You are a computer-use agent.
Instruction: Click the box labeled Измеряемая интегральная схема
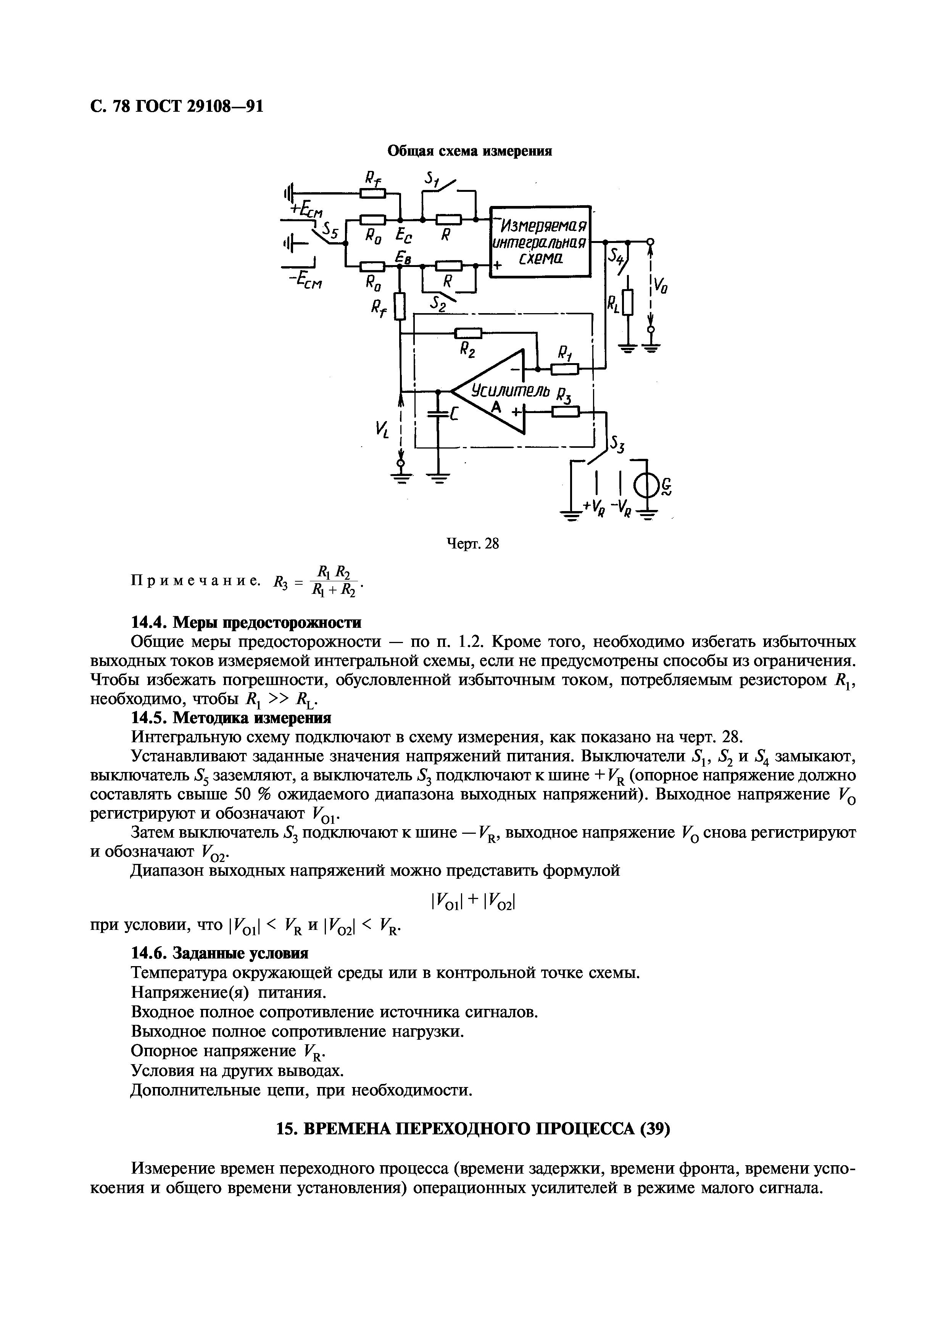[540, 241]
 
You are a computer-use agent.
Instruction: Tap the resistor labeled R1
[564, 369]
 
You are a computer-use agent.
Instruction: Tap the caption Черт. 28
[473, 544]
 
